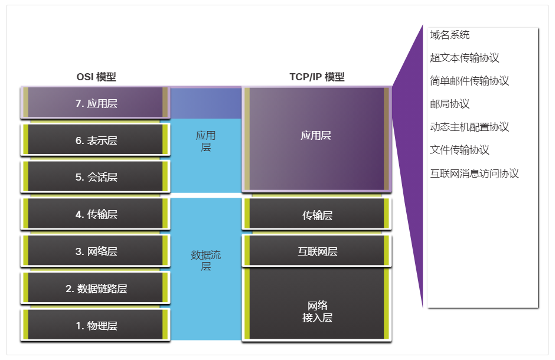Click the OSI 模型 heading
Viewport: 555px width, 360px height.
(96, 77)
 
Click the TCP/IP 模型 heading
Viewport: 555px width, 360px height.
(316, 77)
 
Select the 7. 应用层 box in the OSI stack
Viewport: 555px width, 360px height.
(96, 103)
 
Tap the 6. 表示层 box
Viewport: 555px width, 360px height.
(96, 140)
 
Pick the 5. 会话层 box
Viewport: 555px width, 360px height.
(96, 177)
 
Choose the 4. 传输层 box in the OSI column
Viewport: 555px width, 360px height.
(96, 214)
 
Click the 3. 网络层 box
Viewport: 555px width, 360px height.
(96, 251)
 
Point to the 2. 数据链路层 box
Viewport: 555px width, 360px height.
(96, 289)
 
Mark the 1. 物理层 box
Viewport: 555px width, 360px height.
(96, 325)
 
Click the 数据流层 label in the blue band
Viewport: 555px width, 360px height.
(205, 261)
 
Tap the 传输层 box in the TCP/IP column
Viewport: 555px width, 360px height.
(317, 215)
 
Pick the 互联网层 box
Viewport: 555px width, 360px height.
(317, 251)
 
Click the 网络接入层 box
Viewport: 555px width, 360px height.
(317, 311)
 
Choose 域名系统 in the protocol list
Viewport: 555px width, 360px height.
(450, 35)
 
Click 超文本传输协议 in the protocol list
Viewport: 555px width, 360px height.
(465, 58)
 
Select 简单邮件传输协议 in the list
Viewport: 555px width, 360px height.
(469, 81)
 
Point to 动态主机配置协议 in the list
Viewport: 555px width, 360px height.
(469, 127)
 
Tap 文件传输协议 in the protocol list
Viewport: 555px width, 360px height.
(460, 150)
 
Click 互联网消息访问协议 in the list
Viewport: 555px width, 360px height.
(474, 174)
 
